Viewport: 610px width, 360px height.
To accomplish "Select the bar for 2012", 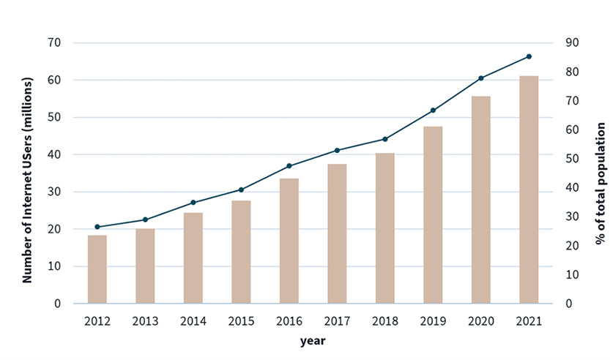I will pos(97,269).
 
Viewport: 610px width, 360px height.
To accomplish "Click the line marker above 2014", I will pos(193,203).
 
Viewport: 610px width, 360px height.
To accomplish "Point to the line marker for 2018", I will pos(385,139).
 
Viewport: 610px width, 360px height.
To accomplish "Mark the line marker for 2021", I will pos(529,56).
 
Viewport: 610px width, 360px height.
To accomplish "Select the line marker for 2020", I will pos(481,78).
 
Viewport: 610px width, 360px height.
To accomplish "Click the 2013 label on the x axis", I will pos(145,320).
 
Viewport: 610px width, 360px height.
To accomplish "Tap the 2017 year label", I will pos(337,320).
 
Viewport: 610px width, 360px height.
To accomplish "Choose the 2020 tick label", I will pos(481,320).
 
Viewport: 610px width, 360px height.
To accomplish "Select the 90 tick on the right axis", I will pos(570,43).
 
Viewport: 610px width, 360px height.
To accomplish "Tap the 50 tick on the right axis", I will pos(570,159).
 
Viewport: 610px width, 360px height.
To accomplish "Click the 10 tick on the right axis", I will pos(570,274).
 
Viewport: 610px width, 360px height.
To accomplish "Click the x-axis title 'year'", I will pos(313,341).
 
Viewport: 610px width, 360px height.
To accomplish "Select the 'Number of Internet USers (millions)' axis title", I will pos(28,173).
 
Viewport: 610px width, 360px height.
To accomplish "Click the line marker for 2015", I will pos(241,190).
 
